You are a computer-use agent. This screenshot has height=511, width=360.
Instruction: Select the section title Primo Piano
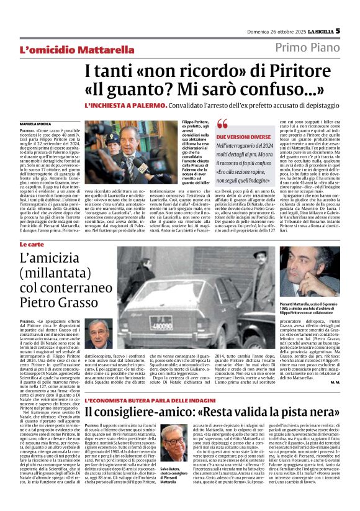307,48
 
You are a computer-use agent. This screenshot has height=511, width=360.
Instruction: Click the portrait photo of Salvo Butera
176,443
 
